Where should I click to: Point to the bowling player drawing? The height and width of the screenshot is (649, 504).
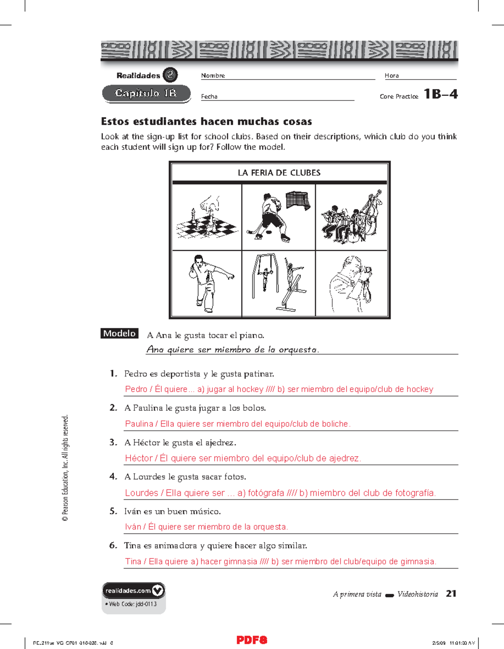tap(207, 283)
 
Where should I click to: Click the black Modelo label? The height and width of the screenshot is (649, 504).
tap(119, 334)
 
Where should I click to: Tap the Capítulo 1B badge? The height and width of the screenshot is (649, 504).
tap(146, 93)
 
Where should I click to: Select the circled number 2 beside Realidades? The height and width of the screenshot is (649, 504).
tap(170, 75)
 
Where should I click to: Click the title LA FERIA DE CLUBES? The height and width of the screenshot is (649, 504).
tap(279, 173)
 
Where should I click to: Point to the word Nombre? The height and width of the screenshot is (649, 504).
tap(213, 76)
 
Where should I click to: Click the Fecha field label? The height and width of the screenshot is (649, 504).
tap(209, 97)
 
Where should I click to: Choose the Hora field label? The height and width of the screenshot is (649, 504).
tap(391, 76)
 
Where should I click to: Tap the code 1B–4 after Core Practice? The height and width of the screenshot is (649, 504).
tap(440, 94)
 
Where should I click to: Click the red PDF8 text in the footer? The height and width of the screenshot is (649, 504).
tap(252, 640)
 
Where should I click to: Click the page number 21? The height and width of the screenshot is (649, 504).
tap(451, 593)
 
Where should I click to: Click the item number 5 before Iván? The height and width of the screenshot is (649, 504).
tap(113, 511)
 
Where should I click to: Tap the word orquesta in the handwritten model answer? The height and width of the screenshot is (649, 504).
tap(298, 350)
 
